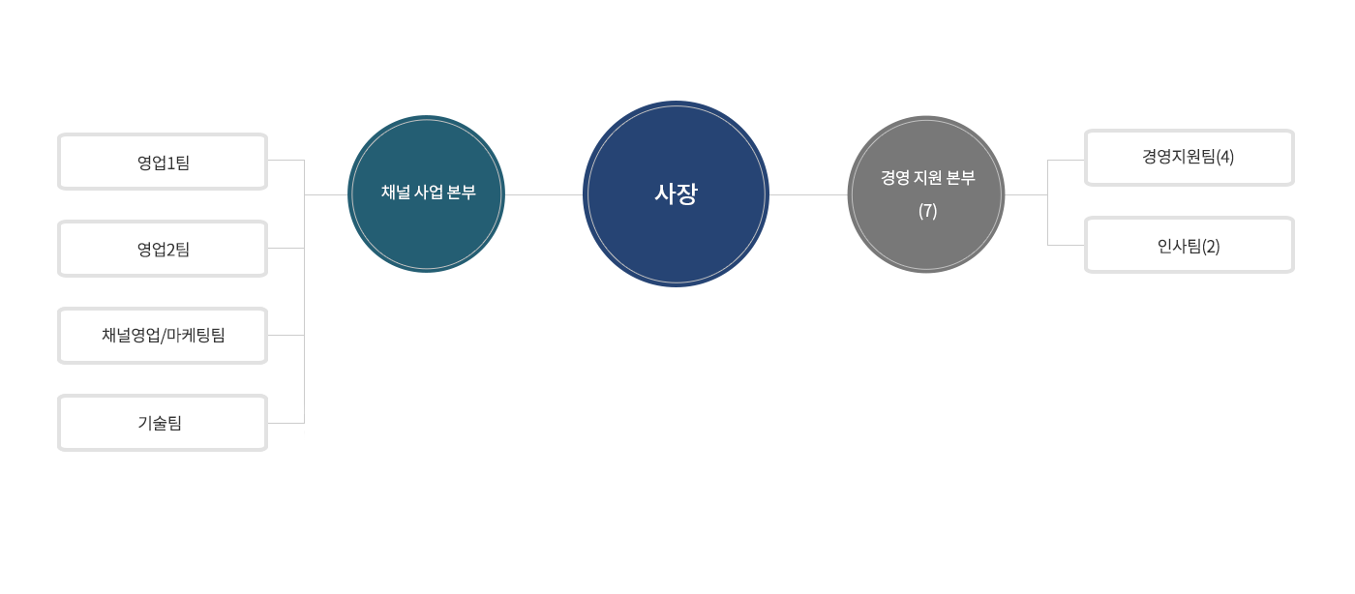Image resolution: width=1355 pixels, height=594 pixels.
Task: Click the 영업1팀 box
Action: tap(163, 162)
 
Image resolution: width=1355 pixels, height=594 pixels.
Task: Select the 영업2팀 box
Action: tap(163, 249)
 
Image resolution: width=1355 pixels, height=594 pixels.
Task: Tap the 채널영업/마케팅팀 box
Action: tap(163, 336)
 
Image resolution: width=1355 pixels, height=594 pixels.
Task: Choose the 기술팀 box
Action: tap(163, 423)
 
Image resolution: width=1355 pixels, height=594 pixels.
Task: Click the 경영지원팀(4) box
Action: tap(1189, 158)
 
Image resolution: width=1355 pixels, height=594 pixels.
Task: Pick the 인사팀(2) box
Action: tap(1189, 245)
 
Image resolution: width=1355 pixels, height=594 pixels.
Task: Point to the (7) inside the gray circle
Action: tap(927, 211)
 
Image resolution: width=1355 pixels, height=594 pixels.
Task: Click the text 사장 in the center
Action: tap(676, 193)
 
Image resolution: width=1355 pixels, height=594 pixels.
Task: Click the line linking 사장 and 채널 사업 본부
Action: tap(544, 194)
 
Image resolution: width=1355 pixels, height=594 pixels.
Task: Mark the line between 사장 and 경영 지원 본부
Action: tap(808, 194)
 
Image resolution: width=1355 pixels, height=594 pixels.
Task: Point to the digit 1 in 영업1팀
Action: tap(170, 163)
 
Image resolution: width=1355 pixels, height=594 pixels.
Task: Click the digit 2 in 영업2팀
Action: tap(170, 250)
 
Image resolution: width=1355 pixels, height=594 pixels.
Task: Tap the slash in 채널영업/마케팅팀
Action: tap(164, 336)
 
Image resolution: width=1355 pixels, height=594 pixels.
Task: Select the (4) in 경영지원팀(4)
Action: tap(1225, 157)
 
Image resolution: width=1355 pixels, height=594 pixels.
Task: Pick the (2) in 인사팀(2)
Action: tap(1211, 246)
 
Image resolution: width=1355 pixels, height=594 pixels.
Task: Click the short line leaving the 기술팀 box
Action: tap(286, 423)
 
